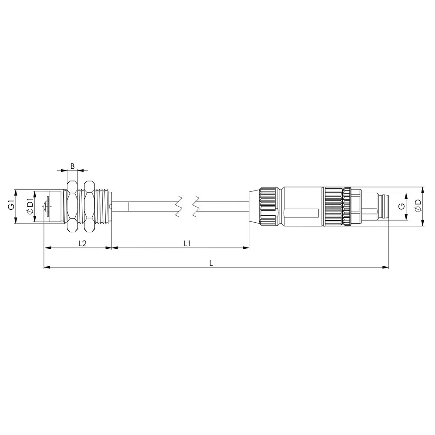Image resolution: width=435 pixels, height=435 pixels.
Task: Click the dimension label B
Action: pyautogui.click(x=72, y=166)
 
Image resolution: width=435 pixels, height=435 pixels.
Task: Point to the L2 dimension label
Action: pyautogui.click(x=82, y=243)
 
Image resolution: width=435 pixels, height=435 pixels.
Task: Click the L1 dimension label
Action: pyautogui.click(x=187, y=243)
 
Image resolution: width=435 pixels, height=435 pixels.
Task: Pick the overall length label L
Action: pyautogui.click(x=211, y=263)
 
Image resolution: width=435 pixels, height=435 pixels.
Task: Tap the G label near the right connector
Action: pyautogui.click(x=401, y=207)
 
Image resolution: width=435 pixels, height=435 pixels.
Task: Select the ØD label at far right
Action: pyautogui.click(x=418, y=206)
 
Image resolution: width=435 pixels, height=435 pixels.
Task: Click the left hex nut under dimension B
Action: pyautogui.click(x=72, y=206)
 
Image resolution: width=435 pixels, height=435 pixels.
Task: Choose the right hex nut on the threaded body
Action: pyautogui.click(x=89, y=206)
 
